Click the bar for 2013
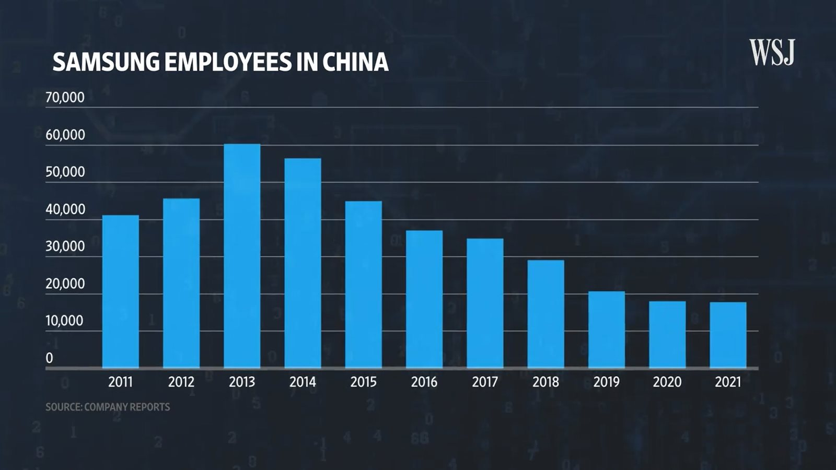(242, 256)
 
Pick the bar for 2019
(607, 330)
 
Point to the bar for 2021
(728, 335)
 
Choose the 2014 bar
(303, 263)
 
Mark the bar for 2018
(545, 314)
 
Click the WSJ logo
(772, 52)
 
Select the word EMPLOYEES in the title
(228, 62)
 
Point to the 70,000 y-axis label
(65, 98)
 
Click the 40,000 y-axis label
(65, 209)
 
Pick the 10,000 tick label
(65, 321)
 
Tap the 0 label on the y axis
(50, 358)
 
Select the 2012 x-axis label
(181, 382)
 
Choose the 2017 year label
(485, 382)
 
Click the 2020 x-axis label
(667, 382)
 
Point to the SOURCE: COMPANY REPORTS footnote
(108, 407)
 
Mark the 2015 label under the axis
(364, 382)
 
